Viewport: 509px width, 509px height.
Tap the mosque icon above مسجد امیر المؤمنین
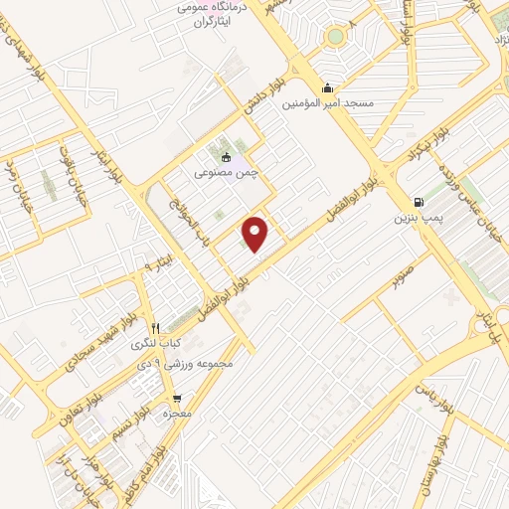pyautogui.click(x=328, y=87)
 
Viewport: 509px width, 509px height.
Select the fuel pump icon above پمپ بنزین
pyautogui.click(x=416, y=200)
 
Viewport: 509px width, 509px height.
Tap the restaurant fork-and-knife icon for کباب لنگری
pyautogui.click(x=154, y=328)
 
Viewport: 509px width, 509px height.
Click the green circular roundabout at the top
pyautogui.click(x=335, y=38)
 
